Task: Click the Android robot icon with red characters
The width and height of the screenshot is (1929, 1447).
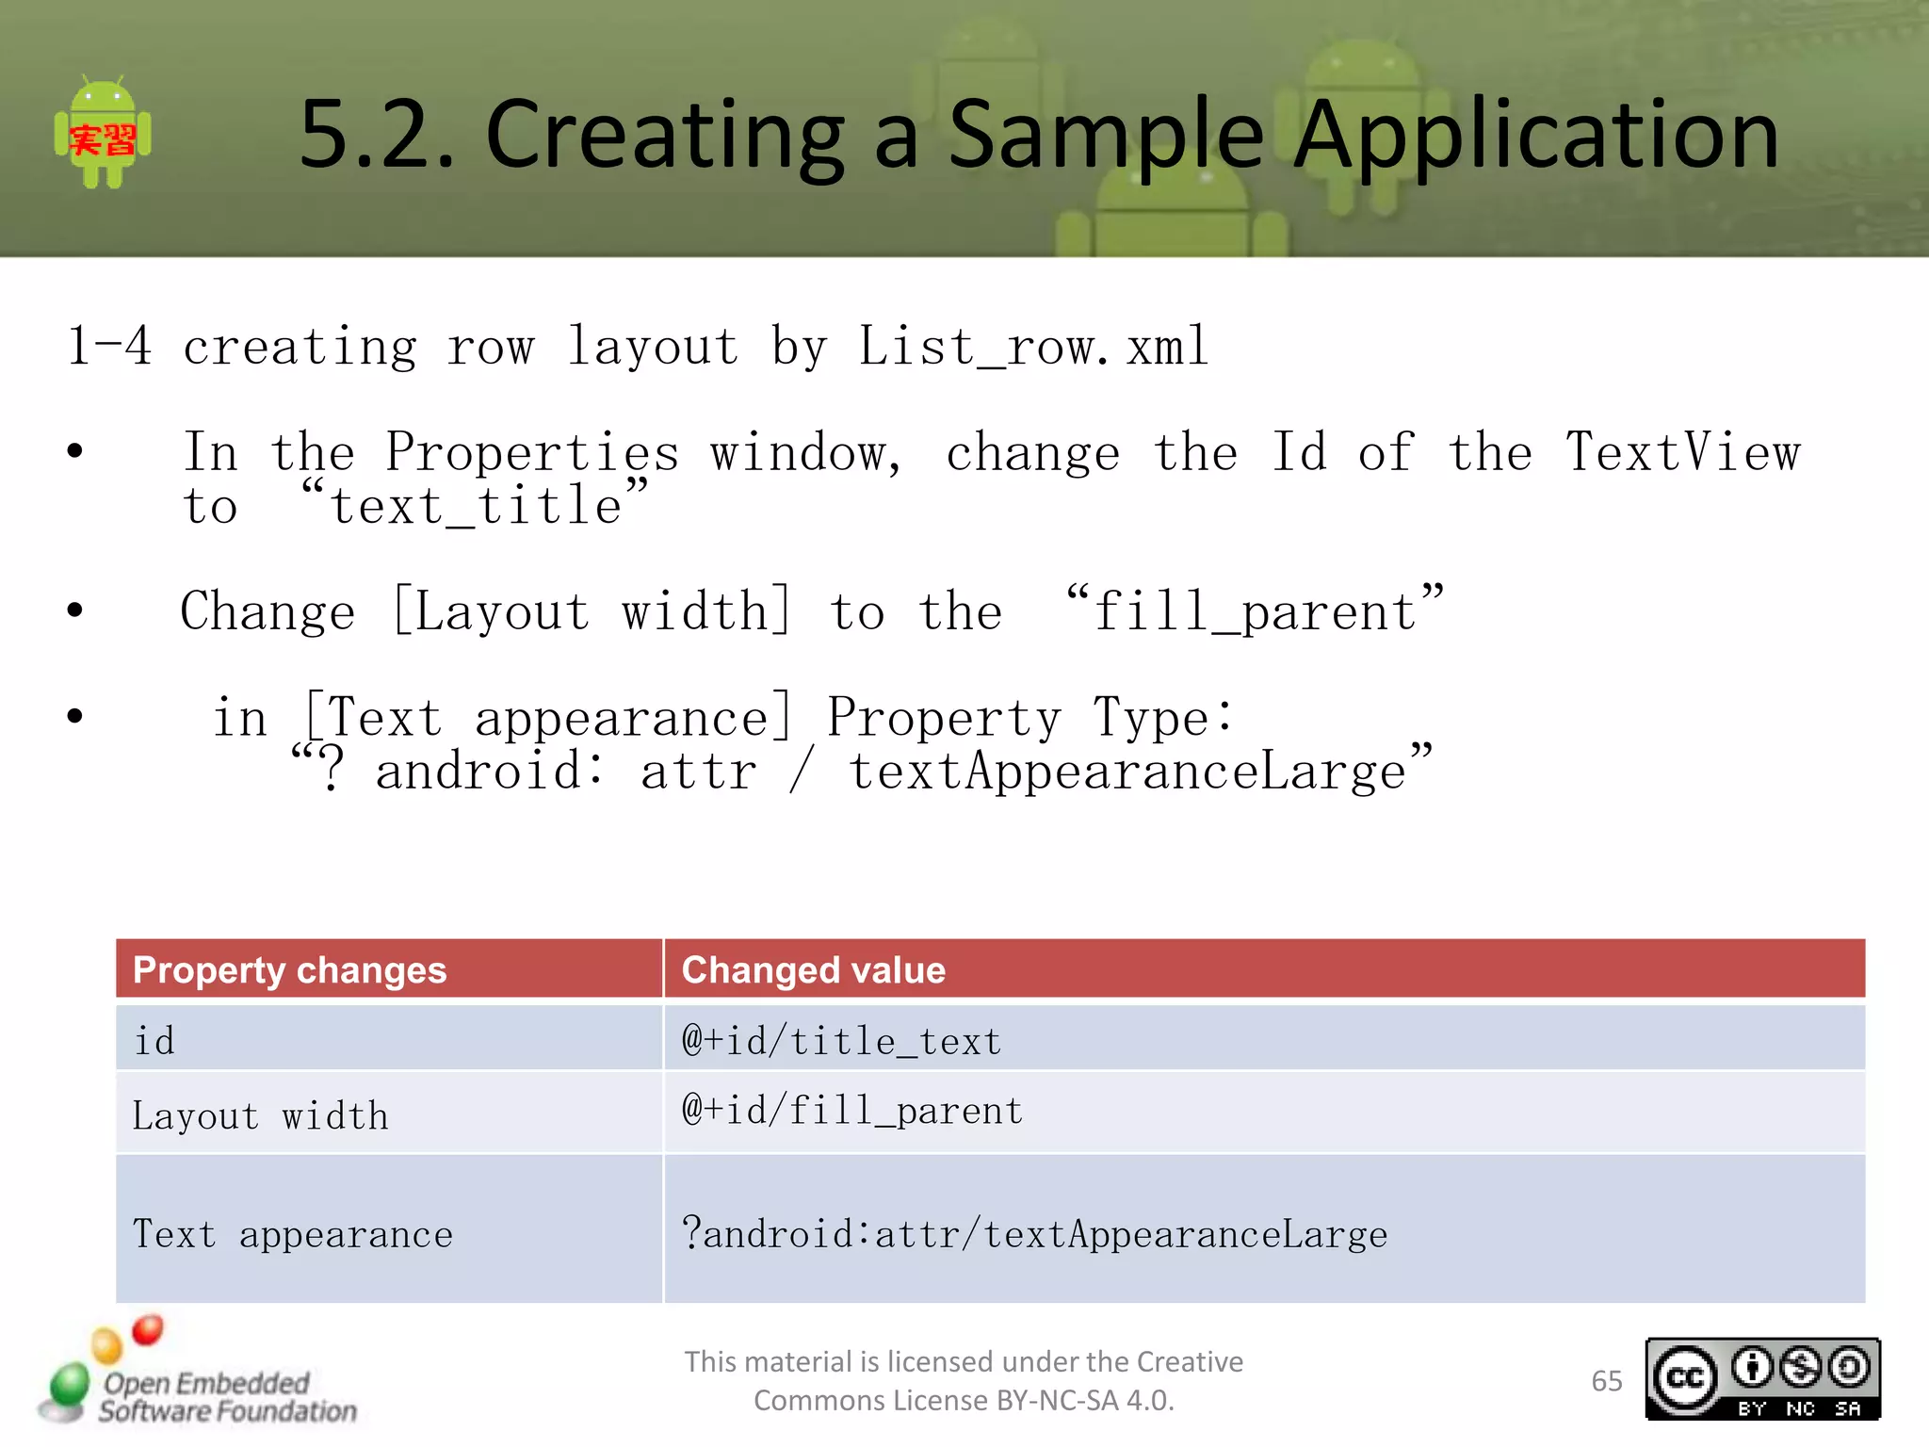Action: pyautogui.click(x=103, y=133)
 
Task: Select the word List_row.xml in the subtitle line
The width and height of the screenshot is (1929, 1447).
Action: pyautogui.click(x=1032, y=347)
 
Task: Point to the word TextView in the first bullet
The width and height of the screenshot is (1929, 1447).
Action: pyautogui.click(x=1682, y=452)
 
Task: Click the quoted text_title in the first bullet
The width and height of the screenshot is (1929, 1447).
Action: pyautogui.click(x=475, y=505)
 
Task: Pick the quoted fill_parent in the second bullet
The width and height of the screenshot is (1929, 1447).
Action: pyautogui.click(x=1255, y=610)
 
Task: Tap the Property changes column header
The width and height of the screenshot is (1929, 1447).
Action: pyautogui.click(x=289, y=969)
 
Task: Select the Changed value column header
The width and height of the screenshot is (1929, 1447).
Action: pyautogui.click(x=813, y=969)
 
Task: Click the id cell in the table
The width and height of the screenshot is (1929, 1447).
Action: pyautogui.click(x=154, y=1041)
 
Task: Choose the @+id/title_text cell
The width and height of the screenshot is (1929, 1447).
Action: pyautogui.click(x=841, y=1041)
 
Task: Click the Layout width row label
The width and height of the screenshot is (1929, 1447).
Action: pyautogui.click(x=260, y=1115)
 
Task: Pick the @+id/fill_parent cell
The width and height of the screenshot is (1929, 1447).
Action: pyautogui.click(x=852, y=1111)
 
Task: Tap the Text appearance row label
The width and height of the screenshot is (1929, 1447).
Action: pyautogui.click(x=292, y=1234)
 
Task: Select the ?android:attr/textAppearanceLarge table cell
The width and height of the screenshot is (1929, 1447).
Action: pyautogui.click(x=1034, y=1234)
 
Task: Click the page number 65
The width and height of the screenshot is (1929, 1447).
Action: pyautogui.click(x=1606, y=1381)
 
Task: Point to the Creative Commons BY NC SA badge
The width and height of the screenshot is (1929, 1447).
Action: pyautogui.click(x=1762, y=1379)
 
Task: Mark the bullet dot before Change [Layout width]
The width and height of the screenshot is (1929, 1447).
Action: pyautogui.click(x=75, y=610)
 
